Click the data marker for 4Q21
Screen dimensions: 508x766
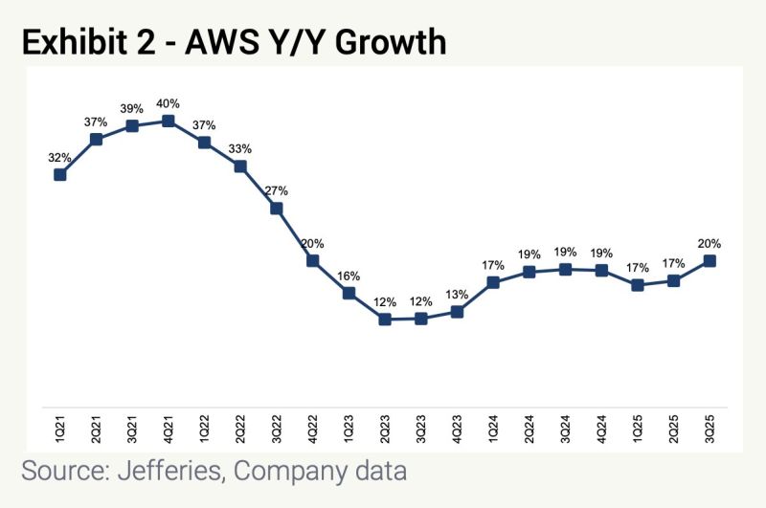[x=169, y=121]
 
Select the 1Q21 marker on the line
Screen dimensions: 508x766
[x=60, y=174]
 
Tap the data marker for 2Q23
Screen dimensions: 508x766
[x=385, y=319]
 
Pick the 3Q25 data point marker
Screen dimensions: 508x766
[x=710, y=260]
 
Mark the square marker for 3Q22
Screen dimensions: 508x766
[x=277, y=208]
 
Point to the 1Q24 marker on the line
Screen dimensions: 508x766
[x=493, y=282]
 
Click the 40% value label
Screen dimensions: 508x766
[x=169, y=103]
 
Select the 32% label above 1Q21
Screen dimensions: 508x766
[x=60, y=157]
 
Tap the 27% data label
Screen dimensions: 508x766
[x=277, y=190]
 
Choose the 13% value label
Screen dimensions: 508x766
[x=457, y=294]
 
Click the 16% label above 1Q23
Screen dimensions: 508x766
[x=349, y=276]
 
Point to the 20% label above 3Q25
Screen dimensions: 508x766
[x=710, y=243]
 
